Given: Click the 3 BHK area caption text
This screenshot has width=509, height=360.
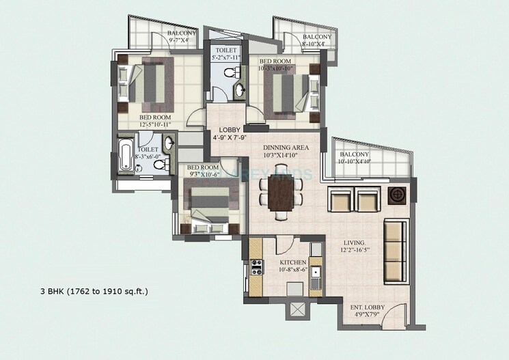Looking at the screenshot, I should pos(94,292).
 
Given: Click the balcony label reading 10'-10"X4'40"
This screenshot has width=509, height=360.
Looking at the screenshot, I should pos(355,158).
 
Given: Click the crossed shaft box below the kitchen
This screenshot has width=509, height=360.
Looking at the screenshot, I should pos(297,309).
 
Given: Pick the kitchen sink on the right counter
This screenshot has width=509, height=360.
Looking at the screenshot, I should pos(315,277).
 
